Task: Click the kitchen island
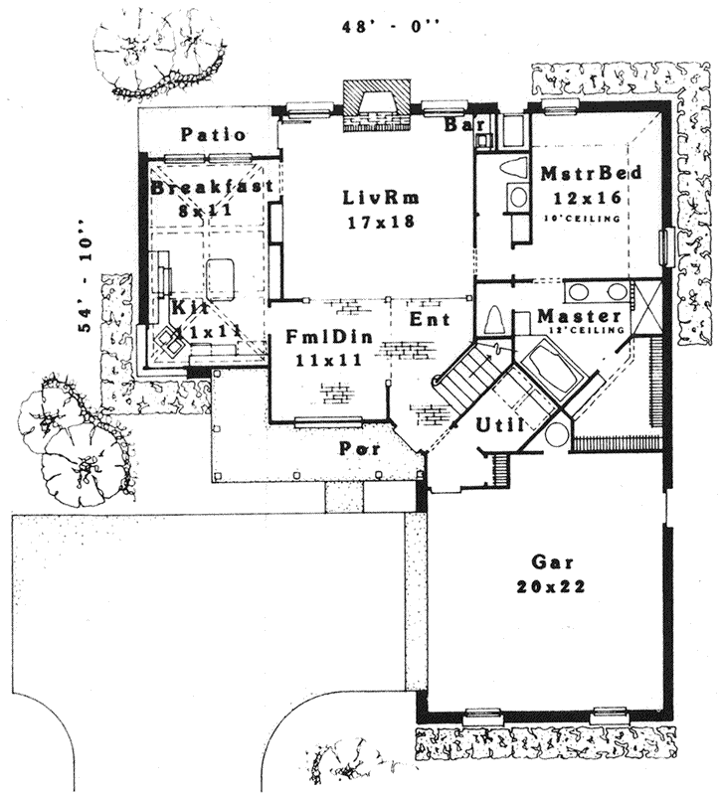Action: pyautogui.click(x=220, y=277)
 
